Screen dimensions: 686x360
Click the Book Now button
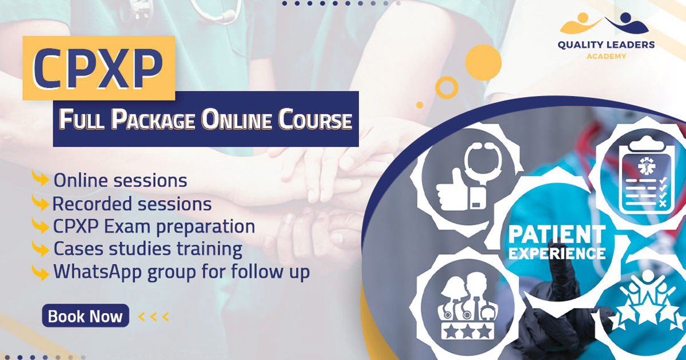click(x=85, y=315)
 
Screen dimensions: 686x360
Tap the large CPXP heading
click(x=98, y=69)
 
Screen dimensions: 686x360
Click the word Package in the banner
click(x=153, y=120)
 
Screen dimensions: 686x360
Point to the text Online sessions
click(x=121, y=181)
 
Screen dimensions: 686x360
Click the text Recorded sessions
click(x=132, y=203)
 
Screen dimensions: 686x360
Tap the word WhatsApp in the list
click(x=98, y=272)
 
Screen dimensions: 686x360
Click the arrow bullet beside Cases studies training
click(x=41, y=249)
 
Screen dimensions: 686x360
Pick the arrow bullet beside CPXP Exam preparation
click(x=41, y=226)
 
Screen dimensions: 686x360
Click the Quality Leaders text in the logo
click(x=606, y=45)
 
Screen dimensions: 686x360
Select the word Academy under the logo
click(x=606, y=57)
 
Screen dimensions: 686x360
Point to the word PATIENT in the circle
click(x=557, y=234)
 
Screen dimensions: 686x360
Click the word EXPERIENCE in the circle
click(x=557, y=253)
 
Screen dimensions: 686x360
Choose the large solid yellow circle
click(x=483, y=62)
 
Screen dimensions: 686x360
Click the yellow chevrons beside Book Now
click(x=154, y=317)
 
